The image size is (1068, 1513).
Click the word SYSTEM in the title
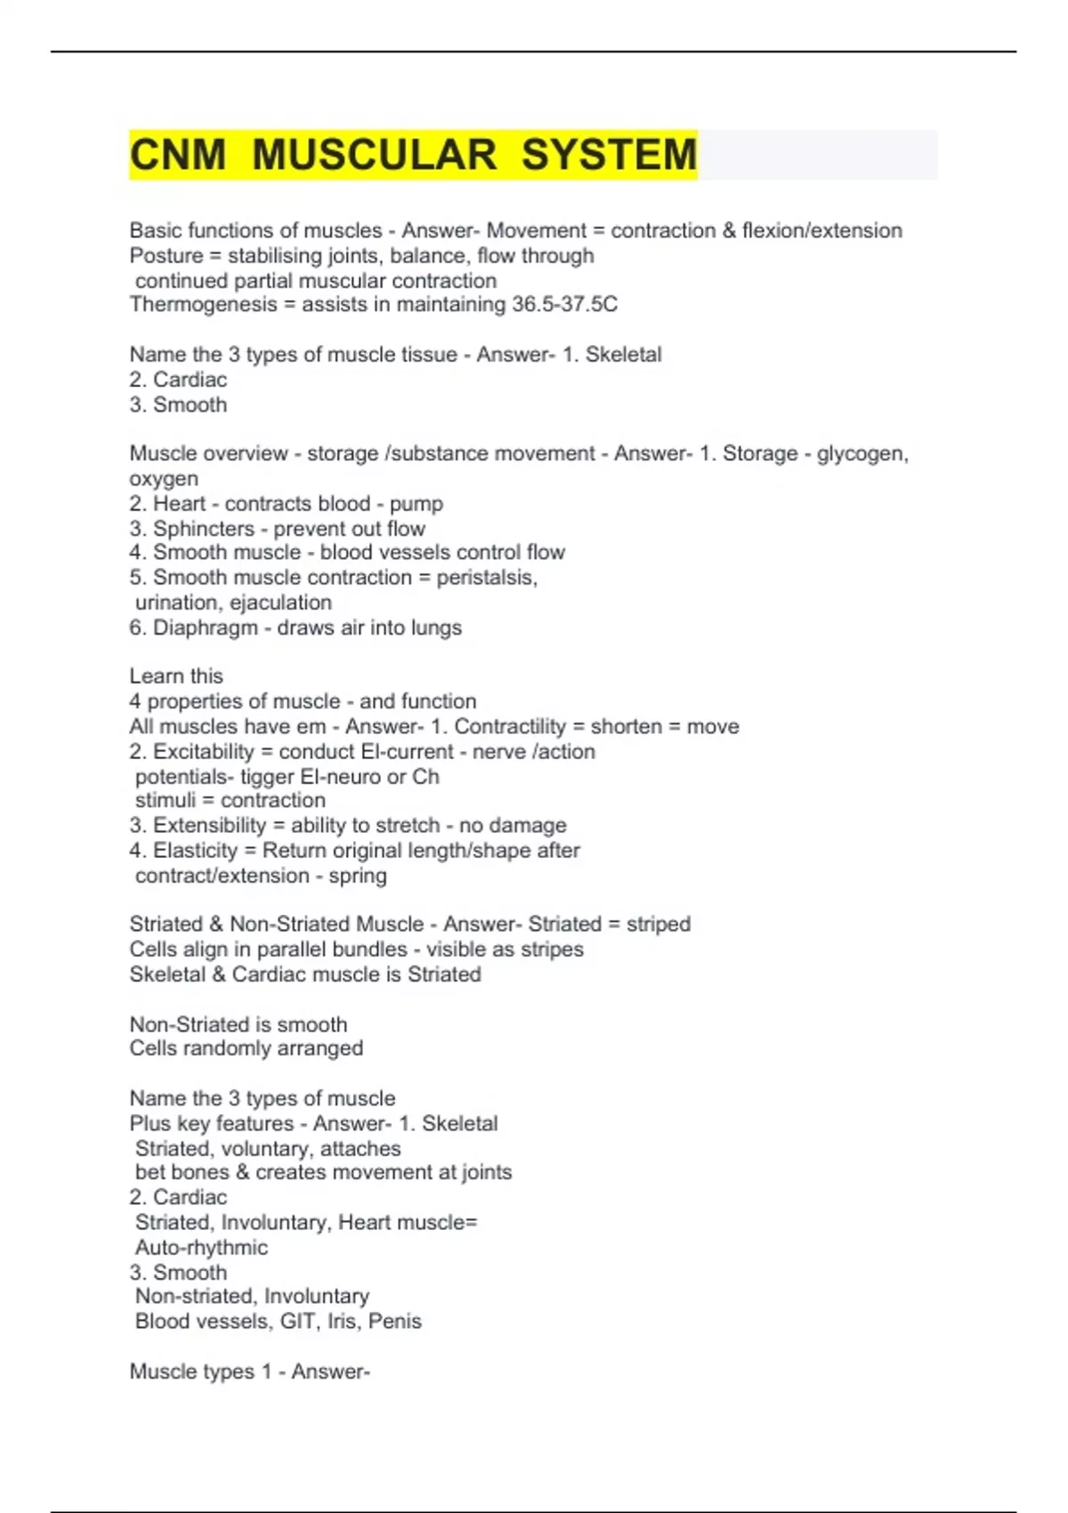tap(609, 155)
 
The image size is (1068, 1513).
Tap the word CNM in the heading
tap(178, 155)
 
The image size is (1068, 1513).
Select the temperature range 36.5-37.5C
tap(564, 304)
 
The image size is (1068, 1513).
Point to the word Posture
tap(166, 255)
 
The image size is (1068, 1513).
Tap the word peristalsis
tap(486, 578)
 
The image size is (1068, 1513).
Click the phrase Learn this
tap(176, 676)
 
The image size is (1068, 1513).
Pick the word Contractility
tap(510, 726)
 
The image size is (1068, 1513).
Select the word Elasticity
tap(196, 850)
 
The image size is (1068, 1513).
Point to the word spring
tap(358, 876)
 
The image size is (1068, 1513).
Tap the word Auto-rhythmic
tap(201, 1247)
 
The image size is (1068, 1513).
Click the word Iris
tap(342, 1321)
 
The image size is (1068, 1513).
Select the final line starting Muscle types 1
tap(249, 1371)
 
